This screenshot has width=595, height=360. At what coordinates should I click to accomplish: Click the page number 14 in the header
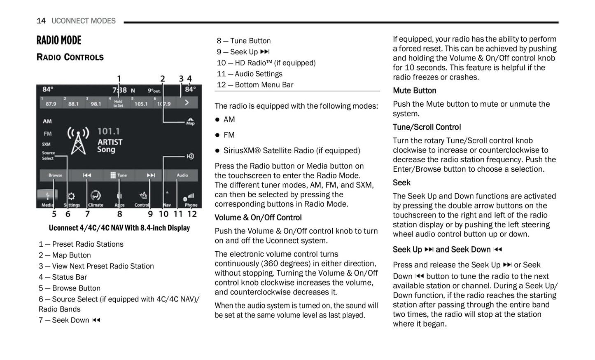click(41, 21)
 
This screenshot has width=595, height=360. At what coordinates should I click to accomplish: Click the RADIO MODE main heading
click(59, 40)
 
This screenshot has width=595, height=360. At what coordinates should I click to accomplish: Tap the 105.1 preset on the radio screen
click(141, 104)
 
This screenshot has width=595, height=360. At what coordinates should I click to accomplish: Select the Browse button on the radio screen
click(55, 175)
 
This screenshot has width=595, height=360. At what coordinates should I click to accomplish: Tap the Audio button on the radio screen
click(182, 175)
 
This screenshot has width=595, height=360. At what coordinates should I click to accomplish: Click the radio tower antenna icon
click(78, 140)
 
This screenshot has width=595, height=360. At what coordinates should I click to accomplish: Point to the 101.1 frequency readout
click(108, 131)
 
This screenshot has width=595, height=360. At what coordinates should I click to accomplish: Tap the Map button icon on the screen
click(190, 121)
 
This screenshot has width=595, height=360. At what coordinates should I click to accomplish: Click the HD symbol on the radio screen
click(190, 156)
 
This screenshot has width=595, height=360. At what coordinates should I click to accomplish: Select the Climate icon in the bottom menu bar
click(96, 199)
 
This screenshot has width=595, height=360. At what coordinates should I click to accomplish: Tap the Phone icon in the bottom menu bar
click(191, 200)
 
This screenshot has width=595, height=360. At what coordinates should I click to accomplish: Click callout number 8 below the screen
click(120, 214)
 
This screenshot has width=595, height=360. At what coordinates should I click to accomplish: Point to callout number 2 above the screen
click(163, 79)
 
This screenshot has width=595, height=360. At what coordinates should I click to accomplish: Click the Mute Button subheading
click(414, 91)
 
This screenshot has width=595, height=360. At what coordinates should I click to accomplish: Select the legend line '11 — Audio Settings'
click(250, 74)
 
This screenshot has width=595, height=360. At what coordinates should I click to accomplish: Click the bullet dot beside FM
click(217, 135)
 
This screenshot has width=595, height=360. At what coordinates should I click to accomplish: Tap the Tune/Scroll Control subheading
click(427, 127)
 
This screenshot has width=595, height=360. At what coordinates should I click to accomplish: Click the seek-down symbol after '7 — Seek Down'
click(96, 320)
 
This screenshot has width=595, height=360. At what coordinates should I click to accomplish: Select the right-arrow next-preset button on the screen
click(187, 103)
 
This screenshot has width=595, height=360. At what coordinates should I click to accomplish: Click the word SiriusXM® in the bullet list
click(242, 151)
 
